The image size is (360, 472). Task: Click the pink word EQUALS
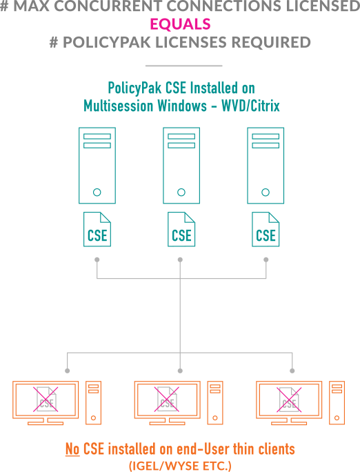[180, 24]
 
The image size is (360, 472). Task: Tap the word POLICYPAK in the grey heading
[106, 42]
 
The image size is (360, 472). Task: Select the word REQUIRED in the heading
[271, 42]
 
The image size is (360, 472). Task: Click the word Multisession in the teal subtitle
[118, 106]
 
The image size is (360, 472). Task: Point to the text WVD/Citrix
[250, 106]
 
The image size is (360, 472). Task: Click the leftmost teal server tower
[97, 166]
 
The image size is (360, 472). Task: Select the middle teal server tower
[181, 166]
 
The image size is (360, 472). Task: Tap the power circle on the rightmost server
[266, 192]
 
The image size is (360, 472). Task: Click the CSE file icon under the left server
[97, 229]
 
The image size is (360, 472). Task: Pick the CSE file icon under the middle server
[181, 229]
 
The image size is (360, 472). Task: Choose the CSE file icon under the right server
[266, 229]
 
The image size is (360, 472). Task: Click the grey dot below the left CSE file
[97, 259]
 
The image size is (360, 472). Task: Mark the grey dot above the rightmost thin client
[292, 371]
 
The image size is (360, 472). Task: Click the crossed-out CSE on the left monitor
[46, 399]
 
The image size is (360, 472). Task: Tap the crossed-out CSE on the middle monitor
[167, 399]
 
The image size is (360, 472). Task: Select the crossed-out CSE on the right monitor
[289, 399]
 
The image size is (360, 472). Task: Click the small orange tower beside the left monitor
[93, 402]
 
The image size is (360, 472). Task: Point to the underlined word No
[72, 449]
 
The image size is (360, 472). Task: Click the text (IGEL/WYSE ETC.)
[180, 466]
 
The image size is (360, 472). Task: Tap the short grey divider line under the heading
[183, 66]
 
